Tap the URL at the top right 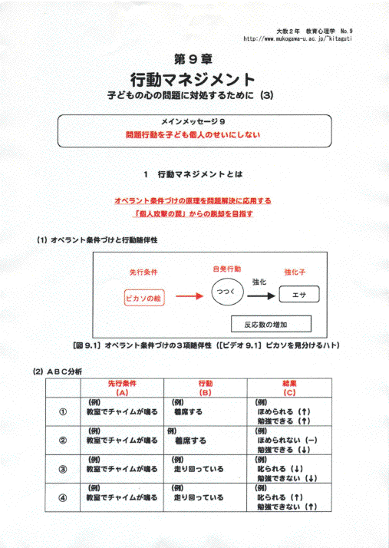[x=302, y=38]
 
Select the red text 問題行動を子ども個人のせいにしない [x=193, y=134]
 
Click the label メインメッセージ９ [x=193, y=122]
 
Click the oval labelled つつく [x=226, y=293]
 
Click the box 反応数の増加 [x=271, y=322]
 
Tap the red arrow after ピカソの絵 [x=190, y=295]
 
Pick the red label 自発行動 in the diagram [x=226, y=269]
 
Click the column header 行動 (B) [x=205, y=387]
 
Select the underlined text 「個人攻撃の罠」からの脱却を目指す [x=193, y=214]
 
